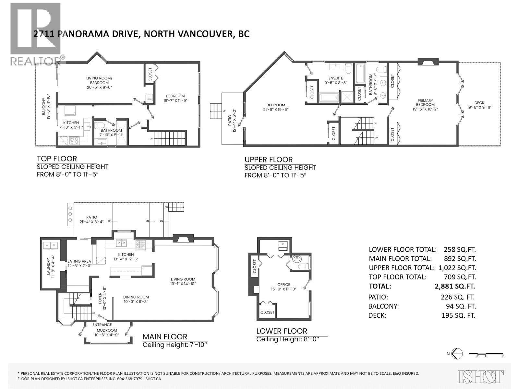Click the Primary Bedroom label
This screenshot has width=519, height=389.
425,102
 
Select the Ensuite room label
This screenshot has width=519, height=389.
335,78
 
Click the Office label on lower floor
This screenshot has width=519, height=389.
284,285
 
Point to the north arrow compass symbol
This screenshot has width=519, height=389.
457,354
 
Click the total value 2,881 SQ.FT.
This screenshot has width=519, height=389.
455,286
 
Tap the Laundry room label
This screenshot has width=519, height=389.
49,266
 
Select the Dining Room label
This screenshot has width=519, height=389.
136,297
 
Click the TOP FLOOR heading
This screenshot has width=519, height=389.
57,159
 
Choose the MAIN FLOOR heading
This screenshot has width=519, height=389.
165,337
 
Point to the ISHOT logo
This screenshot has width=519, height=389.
481,377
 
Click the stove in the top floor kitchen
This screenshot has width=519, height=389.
75,141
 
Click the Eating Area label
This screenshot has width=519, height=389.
79,261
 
